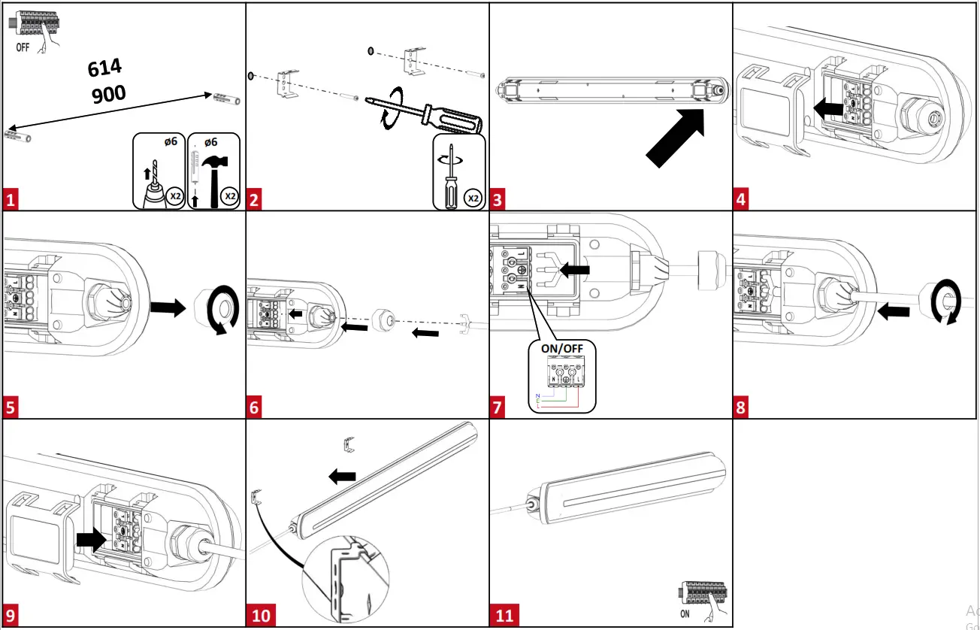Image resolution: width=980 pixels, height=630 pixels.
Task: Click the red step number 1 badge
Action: [x=11, y=200]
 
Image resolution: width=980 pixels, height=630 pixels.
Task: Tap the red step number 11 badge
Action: [x=504, y=616]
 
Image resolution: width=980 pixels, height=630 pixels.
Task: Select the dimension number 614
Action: [x=104, y=68]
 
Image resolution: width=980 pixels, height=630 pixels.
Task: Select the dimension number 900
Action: [x=108, y=93]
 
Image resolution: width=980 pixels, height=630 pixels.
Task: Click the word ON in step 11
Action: [x=685, y=613]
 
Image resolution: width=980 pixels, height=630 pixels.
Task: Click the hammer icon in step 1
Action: [x=213, y=174]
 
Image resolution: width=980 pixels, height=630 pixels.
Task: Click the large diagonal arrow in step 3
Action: [x=675, y=137]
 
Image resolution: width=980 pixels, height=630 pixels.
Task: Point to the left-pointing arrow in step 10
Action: [x=343, y=475]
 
